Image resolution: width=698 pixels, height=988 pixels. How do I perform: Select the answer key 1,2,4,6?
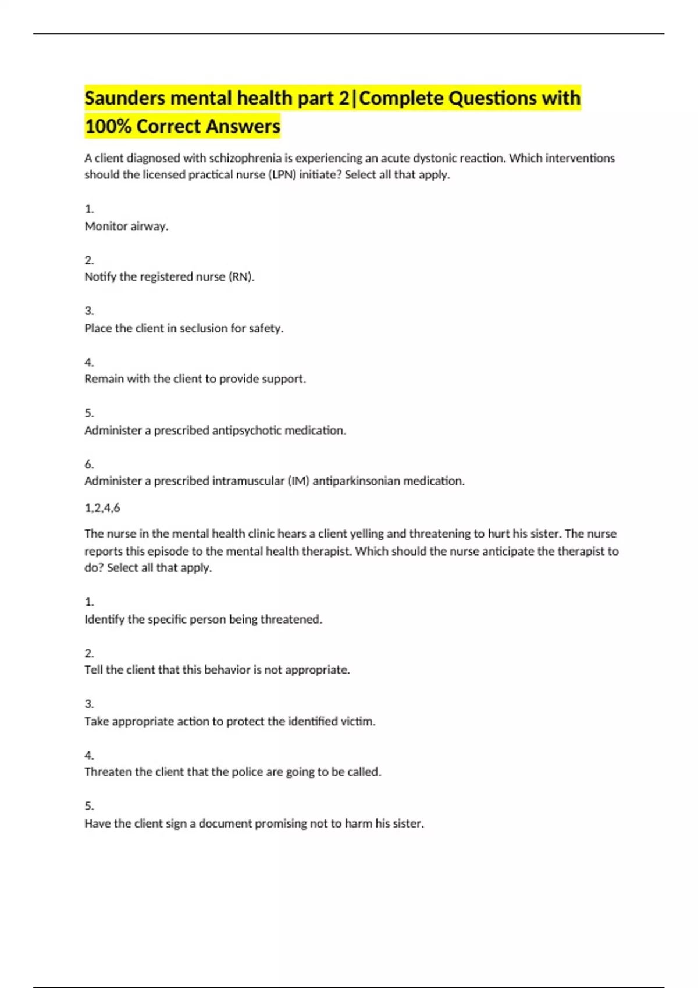coord(102,508)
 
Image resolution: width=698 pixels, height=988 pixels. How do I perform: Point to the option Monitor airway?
coord(126,226)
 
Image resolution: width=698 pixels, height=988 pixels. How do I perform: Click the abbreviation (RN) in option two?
coord(241,277)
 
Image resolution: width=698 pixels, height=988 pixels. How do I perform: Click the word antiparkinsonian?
coord(357,481)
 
